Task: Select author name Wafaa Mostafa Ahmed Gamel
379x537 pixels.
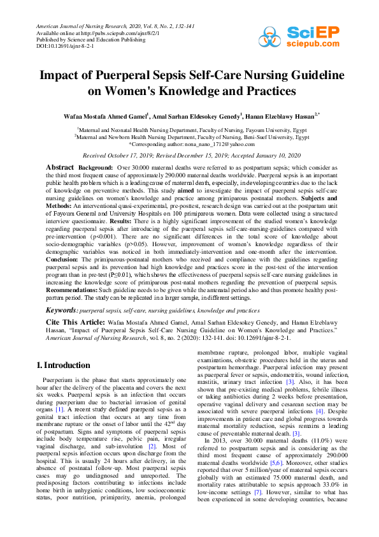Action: click(x=113, y=116)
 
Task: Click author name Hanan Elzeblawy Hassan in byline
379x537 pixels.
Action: click(x=283, y=116)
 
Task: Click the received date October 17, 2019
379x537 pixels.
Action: click(x=130, y=155)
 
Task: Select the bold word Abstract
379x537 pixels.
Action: click(x=60, y=166)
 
